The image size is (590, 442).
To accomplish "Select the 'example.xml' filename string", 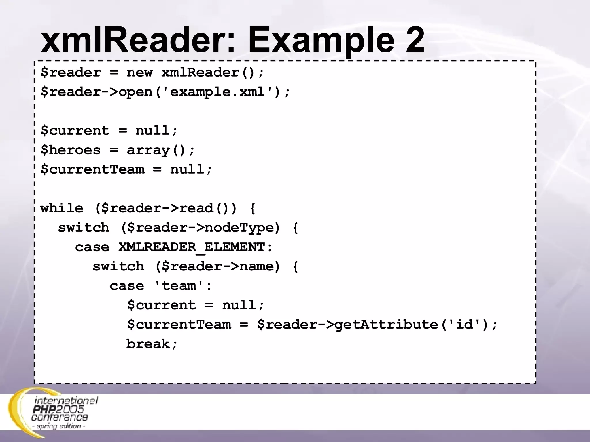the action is (x=217, y=92).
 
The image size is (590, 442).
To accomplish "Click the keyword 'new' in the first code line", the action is (x=139, y=73).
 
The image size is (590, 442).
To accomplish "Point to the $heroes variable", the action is (x=71, y=150).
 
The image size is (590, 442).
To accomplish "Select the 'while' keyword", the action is (x=62, y=208).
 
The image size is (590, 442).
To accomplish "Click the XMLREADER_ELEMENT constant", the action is (x=191, y=247).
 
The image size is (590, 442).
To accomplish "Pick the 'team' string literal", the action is (x=179, y=286).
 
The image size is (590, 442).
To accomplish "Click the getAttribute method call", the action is (x=386, y=325).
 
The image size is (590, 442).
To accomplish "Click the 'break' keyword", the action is (x=148, y=344).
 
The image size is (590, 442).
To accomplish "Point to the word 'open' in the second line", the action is (x=135, y=92).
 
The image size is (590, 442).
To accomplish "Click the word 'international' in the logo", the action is (x=66, y=401).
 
